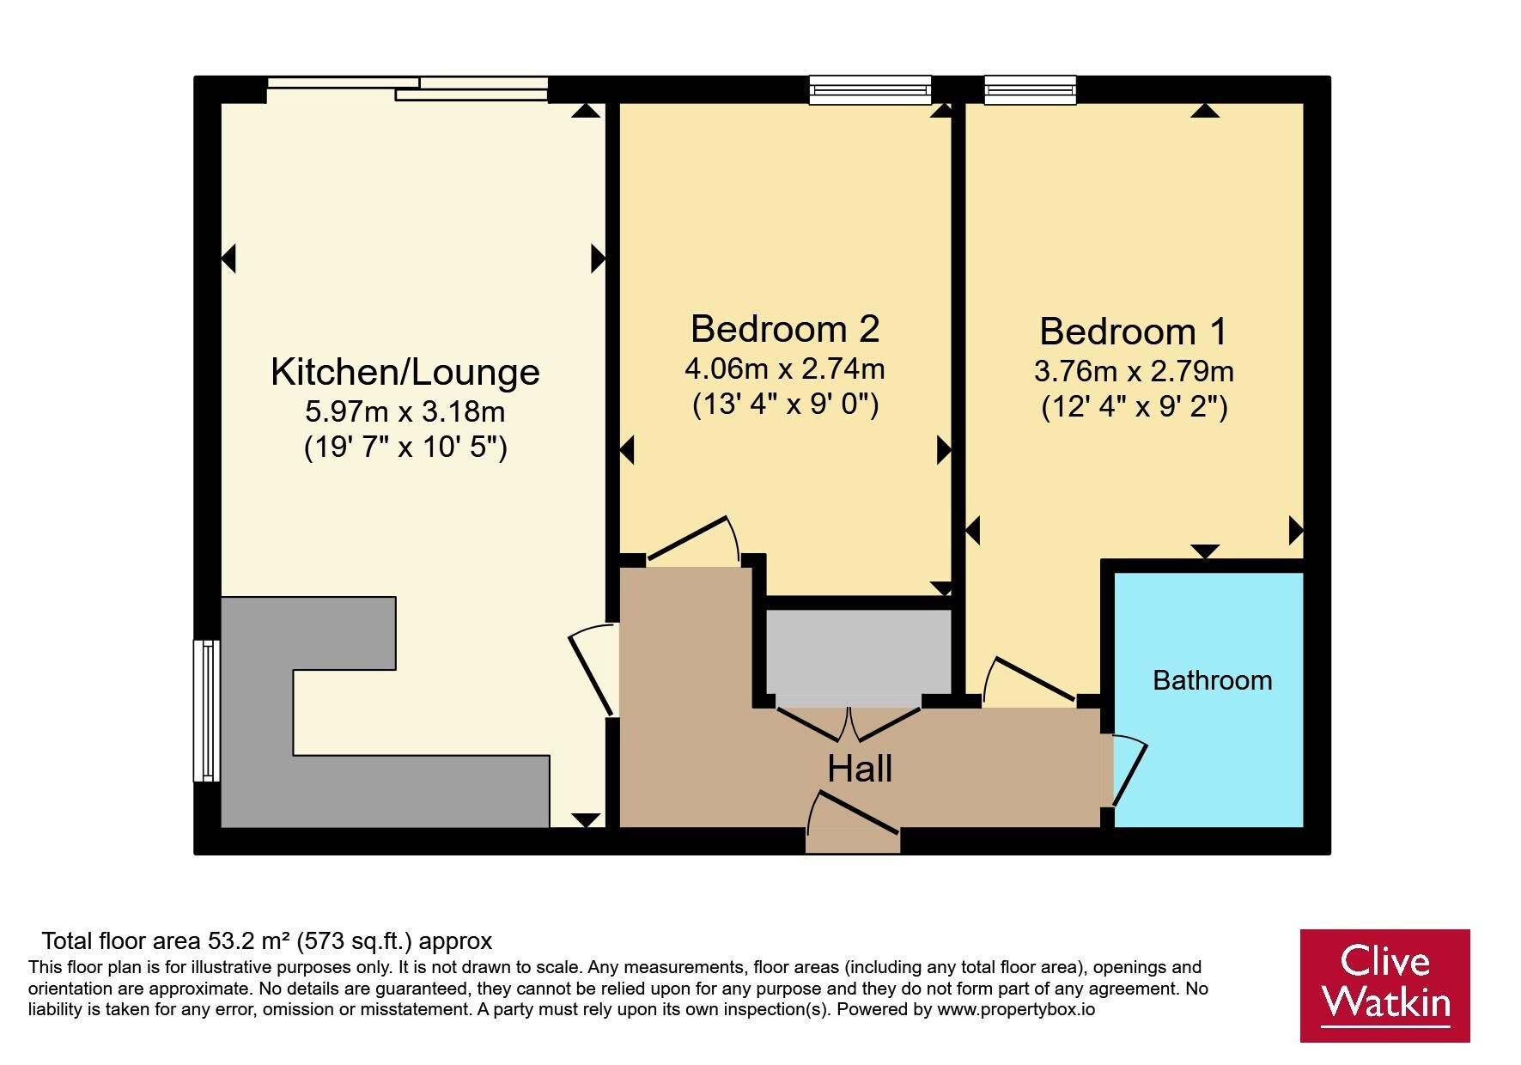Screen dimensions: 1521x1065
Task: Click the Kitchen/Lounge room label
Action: pyautogui.click(x=405, y=373)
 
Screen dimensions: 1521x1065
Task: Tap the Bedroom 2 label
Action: pyautogui.click(x=785, y=329)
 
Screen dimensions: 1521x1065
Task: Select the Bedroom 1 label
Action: pyautogui.click(x=1134, y=332)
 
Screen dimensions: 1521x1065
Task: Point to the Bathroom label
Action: pyautogui.click(x=1212, y=680)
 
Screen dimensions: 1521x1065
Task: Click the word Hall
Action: pyautogui.click(x=860, y=769)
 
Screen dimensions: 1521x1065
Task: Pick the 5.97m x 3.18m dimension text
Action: pyautogui.click(x=405, y=412)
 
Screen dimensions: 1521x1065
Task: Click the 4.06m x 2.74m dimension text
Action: pyautogui.click(x=785, y=369)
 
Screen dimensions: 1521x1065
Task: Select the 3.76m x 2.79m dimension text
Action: pyautogui.click(x=1134, y=372)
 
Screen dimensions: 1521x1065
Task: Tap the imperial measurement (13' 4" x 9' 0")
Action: pyautogui.click(x=785, y=405)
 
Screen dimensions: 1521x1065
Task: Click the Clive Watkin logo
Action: pyautogui.click(x=1384, y=985)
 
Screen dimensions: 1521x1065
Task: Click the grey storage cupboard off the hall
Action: pyautogui.click(x=859, y=652)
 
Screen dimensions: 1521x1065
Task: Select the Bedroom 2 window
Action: pyautogui.click(x=871, y=89)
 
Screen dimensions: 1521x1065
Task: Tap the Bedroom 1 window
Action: pyautogui.click(x=1030, y=89)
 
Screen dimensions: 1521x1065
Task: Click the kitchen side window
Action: pyautogui.click(x=206, y=710)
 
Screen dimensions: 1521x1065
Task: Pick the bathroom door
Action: pyautogui.click(x=1128, y=770)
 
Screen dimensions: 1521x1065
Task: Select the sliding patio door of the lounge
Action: pyautogui.click(x=408, y=88)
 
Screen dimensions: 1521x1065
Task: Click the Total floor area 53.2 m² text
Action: pyautogui.click(x=267, y=942)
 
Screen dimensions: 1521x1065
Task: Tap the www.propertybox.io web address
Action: pyautogui.click(x=1016, y=1010)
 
